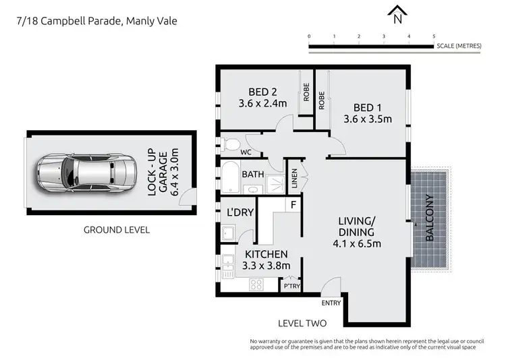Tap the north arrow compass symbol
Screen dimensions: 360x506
point(398,11)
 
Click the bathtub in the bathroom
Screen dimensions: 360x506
point(230,177)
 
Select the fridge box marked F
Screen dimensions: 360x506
point(293,204)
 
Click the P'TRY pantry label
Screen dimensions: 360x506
point(291,287)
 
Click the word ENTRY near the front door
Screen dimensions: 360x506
point(331,303)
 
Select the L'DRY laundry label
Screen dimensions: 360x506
point(240,212)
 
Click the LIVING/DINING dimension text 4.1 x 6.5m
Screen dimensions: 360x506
point(356,243)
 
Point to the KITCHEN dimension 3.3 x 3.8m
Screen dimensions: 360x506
point(266,266)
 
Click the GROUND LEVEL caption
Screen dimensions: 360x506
point(117,230)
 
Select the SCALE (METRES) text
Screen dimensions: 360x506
point(459,46)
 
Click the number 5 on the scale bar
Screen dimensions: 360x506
point(433,36)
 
